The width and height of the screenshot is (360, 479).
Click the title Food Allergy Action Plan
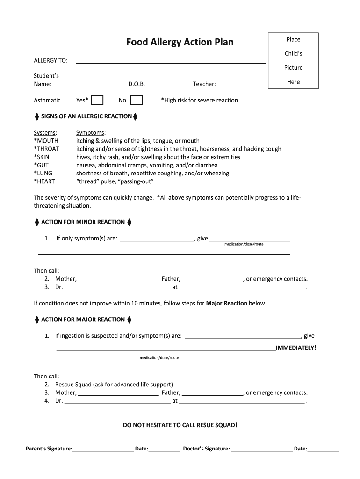tap(180, 43)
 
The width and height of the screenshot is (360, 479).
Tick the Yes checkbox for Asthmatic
tap(97, 100)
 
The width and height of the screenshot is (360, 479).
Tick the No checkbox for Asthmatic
tap(137, 100)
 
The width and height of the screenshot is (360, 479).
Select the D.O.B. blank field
tap(168, 84)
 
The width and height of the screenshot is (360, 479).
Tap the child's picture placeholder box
tap(293, 60)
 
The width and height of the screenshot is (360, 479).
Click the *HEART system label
tap(46, 181)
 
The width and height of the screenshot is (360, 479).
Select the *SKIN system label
tap(43, 157)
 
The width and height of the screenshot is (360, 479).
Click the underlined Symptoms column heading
tap(91, 133)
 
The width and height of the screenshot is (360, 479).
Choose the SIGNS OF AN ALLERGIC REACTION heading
tap(86, 116)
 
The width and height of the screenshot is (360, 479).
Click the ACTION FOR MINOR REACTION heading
tap(83, 222)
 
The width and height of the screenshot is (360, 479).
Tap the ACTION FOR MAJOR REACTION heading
tap(83, 320)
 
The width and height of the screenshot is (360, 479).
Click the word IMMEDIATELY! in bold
tap(296, 348)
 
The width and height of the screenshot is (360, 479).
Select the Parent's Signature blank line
tap(103, 449)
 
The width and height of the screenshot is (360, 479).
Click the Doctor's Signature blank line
tap(262, 449)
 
